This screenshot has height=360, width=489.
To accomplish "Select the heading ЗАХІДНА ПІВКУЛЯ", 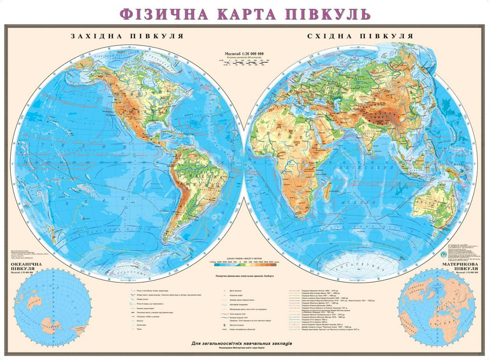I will click(127, 36).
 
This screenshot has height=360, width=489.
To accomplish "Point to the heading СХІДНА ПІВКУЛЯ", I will click(360, 36).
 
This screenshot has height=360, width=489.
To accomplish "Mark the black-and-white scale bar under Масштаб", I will click(244, 62).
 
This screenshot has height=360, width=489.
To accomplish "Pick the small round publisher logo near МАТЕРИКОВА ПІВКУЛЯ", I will click(443, 254).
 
